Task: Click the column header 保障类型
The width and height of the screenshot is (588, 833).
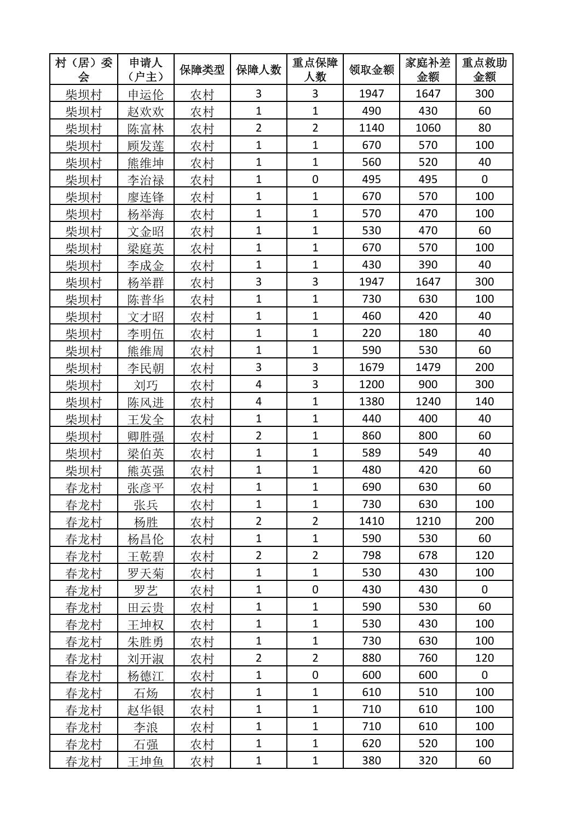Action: pyautogui.click(x=202, y=70)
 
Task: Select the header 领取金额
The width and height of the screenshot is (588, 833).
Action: pyautogui.click(x=371, y=70)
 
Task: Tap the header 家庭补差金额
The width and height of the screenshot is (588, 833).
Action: pyautogui.click(x=428, y=70)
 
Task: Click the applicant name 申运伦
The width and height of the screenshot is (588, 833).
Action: pyautogui.click(x=146, y=94)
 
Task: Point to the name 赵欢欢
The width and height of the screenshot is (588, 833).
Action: pyautogui.click(x=146, y=111)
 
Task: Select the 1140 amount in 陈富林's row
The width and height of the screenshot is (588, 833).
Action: pyautogui.click(x=371, y=128)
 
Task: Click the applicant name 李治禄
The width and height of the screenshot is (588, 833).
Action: pyautogui.click(x=146, y=180)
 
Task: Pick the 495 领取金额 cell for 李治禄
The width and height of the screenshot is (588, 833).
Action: pyautogui.click(x=371, y=179)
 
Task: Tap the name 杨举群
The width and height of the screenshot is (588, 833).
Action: pyautogui.click(x=146, y=282)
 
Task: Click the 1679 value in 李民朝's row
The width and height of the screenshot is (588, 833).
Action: pyautogui.click(x=371, y=367)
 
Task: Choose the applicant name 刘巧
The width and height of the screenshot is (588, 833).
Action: pyautogui.click(x=146, y=385)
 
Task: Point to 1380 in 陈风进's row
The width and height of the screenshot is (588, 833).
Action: pyautogui.click(x=371, y=402)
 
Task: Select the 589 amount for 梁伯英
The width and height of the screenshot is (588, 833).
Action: pyautogui.click(x=371, y=453)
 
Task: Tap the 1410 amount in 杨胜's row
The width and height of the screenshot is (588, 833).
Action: pyautogui.click(x=371, y=521)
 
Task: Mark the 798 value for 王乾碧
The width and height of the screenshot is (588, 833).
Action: pyautogui.click(x=371, y=556)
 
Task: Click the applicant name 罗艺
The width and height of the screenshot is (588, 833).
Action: pyautogui.click(x=146, y=590)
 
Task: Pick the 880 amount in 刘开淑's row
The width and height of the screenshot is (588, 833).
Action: pyautogui.click(x=371, y=658)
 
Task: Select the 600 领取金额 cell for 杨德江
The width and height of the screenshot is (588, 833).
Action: pyautogui.click(x=371, y=675)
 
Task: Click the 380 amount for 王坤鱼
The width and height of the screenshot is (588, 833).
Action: pyautogui.click(x=371, y=761)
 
